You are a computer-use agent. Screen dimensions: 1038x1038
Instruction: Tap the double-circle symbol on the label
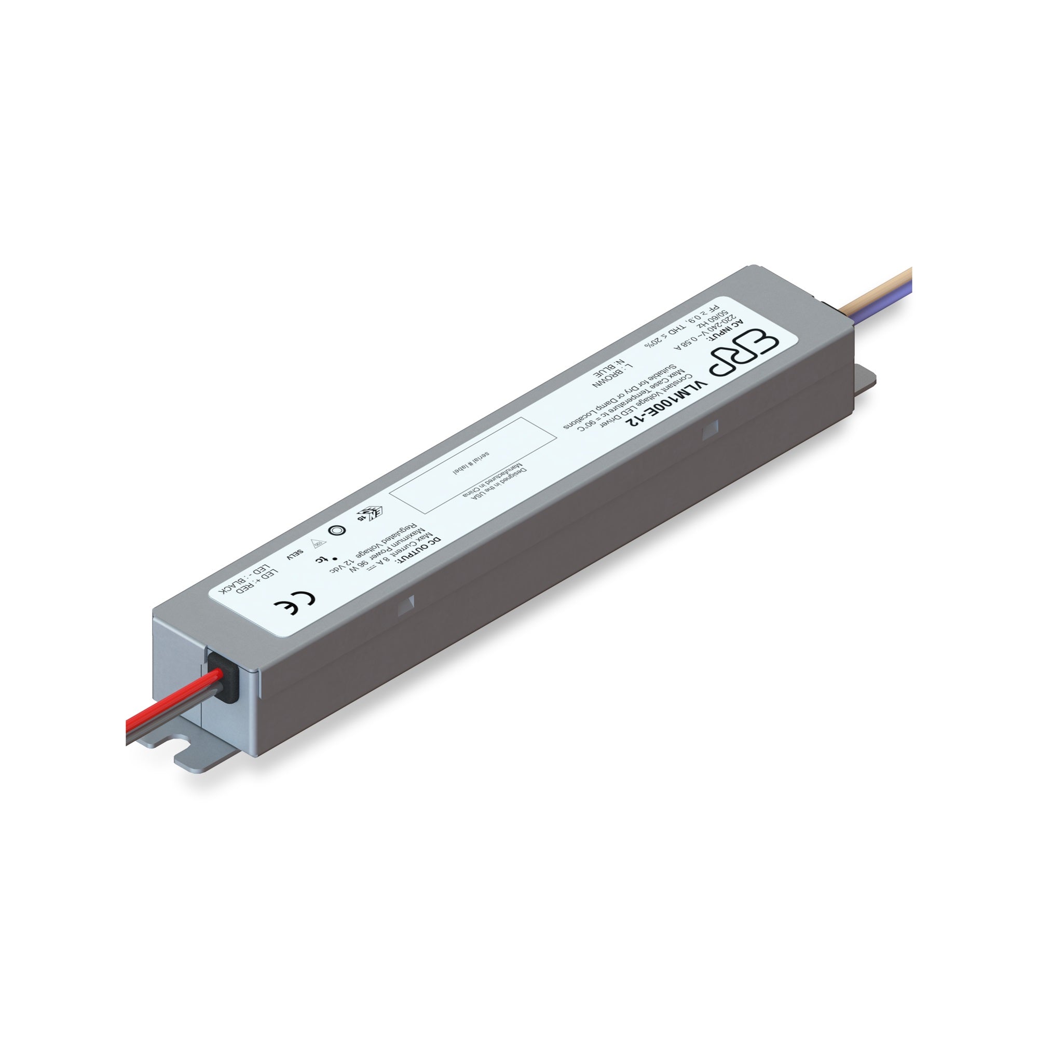pyautogui.click(x=336, y=529)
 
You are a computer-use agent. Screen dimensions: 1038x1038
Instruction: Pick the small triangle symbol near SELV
pyautogui.click(x=317, y=543)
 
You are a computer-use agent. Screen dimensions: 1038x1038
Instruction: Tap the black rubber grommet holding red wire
pyautogui.click(x=226, y=678)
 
